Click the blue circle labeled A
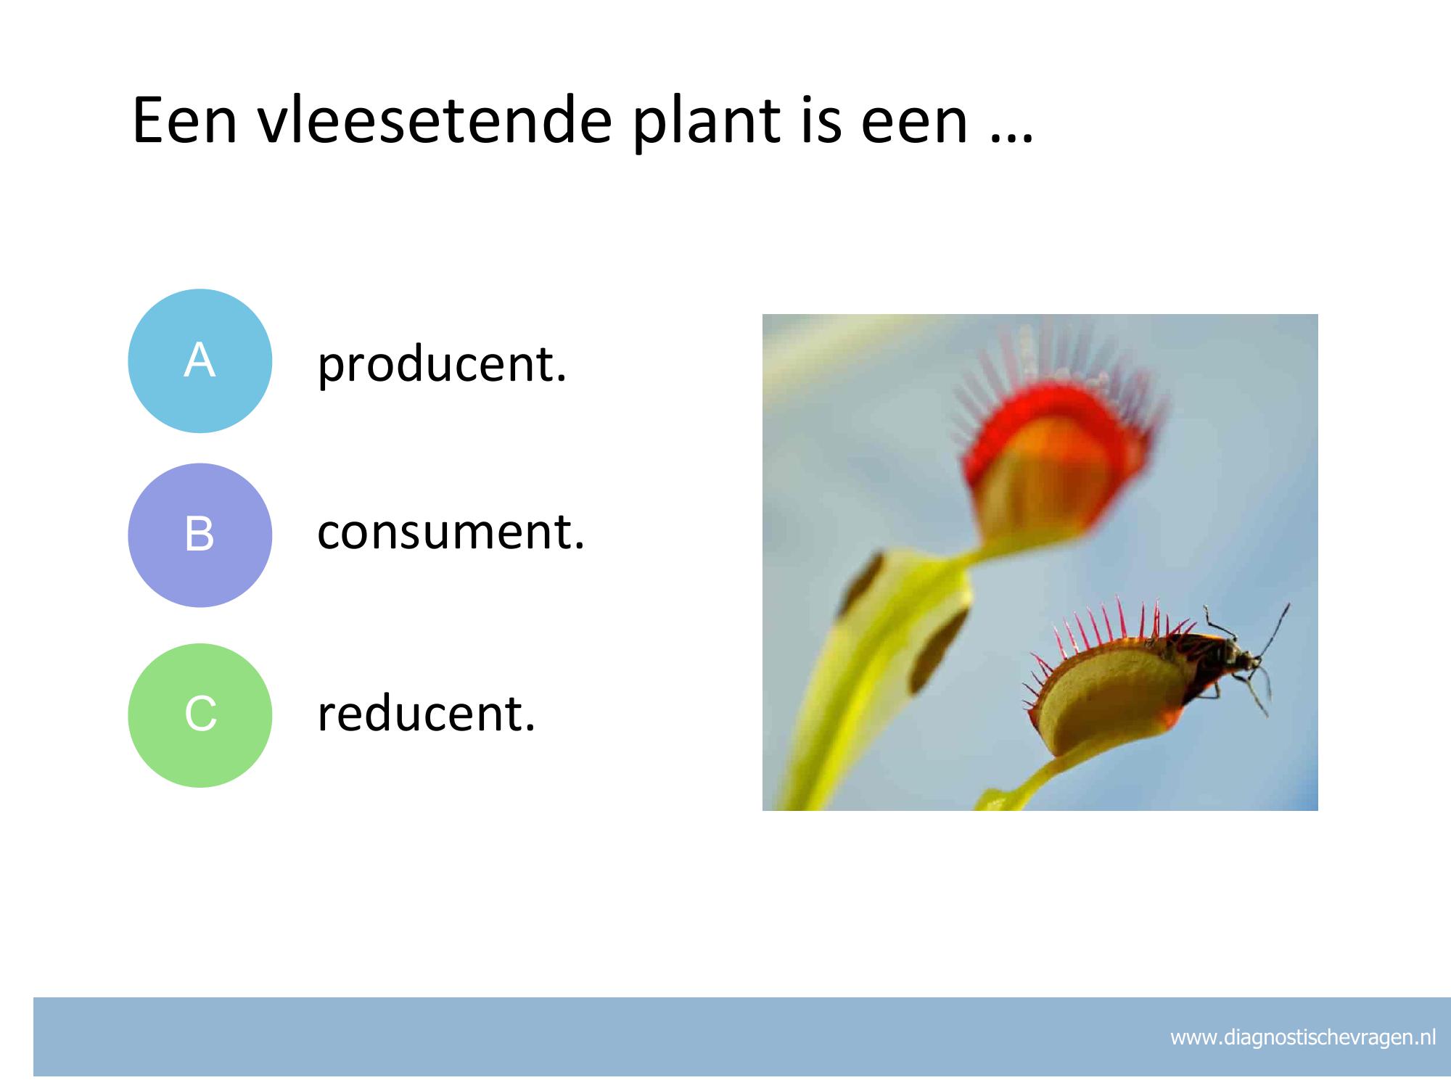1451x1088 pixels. [x=200, y=361]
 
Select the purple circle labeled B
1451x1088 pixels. [x=200, y=535]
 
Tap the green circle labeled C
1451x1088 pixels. [x=200, y=715]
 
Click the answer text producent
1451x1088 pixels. [x=442, y=364]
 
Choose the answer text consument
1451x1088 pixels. [x=451, y=532]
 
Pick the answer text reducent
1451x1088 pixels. [x=427, y=714]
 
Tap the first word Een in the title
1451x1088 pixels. [x=185, y=120]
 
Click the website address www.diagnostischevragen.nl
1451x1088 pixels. [x=1303, y=1038]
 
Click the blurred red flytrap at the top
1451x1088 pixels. [x=1052, y=442]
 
